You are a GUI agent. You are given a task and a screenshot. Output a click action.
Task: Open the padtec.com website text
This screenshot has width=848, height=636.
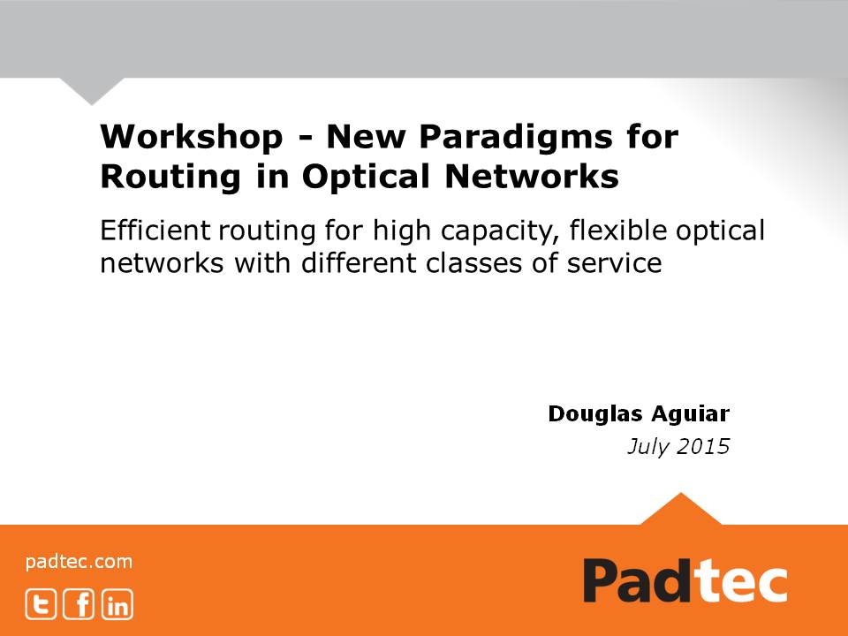[x=79, y=561]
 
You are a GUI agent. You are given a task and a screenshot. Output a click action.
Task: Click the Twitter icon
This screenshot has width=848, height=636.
[x=41, y=604]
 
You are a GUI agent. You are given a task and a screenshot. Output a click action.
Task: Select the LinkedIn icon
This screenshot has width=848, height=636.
[x=117, y=604]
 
